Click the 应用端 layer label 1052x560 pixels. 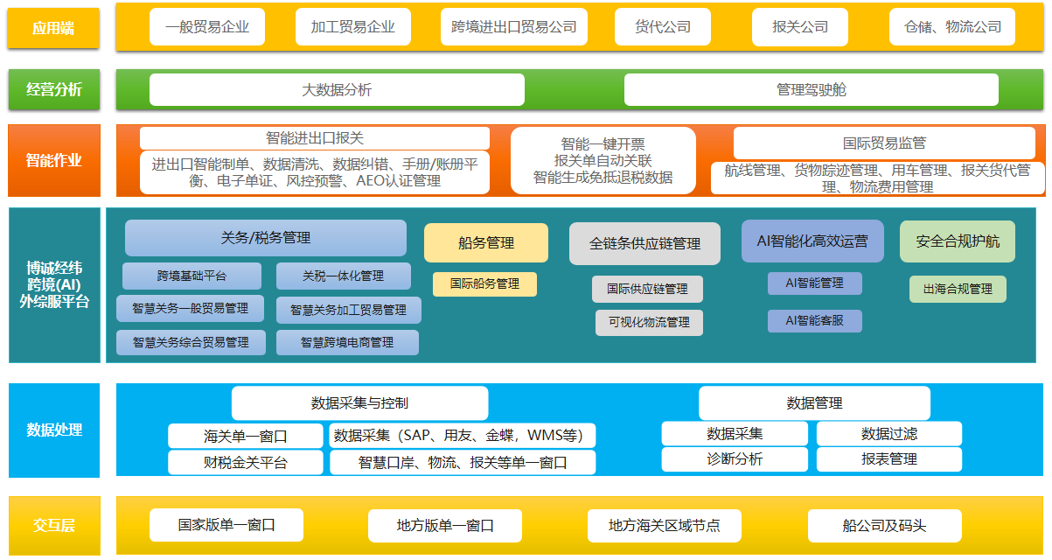click(x=53, y=28)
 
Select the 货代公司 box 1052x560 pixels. click(x=662, y=27)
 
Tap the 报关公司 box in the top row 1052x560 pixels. click(x=800, y=27)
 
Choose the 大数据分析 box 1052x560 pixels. click(x=337, y=90)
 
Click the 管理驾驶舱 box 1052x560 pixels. click(x=811, y=90)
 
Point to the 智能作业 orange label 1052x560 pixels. click(x=54, y=160)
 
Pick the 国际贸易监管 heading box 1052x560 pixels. click(x=884, y=143)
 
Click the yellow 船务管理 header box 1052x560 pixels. click(x=486, y=242)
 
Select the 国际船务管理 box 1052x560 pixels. click(x=484, y=283)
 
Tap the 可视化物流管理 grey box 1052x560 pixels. click(x=649, y=322)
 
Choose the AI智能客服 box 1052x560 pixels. click(x=815, y=321)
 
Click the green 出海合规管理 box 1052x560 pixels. click(x=958, y=289)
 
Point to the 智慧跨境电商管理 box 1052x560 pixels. click(x=347, y=342)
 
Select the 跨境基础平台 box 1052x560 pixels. click(x=192, y=276)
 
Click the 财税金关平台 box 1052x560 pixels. click(x=245, y=462)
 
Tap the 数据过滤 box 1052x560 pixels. click(x=889, y=433)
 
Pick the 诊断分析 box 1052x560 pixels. click(x=735, y=459)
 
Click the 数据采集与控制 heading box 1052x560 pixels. click(x=359, y=403)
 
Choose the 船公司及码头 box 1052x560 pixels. click(x=884, y=525)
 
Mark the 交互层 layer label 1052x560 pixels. click(x=54, y=525)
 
